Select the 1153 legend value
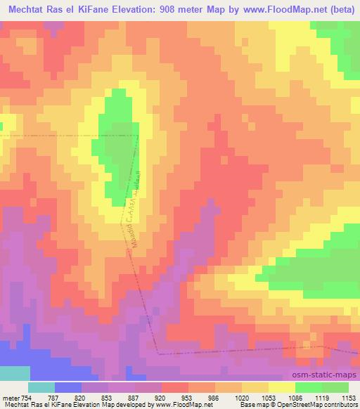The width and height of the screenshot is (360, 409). pos(349,397)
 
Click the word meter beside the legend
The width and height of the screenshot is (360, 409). pos(11,397)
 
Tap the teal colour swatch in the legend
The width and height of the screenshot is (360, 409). pos(41,387)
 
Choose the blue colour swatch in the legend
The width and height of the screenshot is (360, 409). pos(68,387)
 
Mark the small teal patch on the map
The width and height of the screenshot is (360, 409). pos(14,373)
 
